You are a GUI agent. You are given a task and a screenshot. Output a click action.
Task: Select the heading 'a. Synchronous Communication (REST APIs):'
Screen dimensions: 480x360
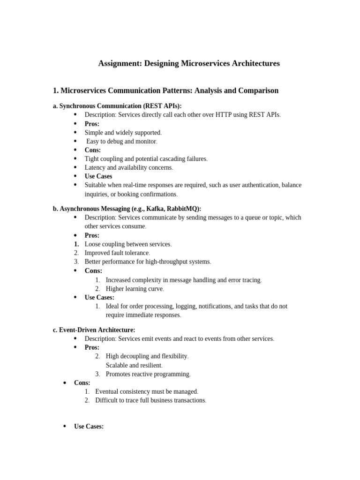117,106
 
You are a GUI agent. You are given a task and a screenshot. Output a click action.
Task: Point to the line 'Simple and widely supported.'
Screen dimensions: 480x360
123,133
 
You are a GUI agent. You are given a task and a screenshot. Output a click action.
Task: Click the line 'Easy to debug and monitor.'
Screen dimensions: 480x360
122,141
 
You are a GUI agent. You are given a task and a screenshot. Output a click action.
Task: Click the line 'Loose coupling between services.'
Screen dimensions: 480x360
128,244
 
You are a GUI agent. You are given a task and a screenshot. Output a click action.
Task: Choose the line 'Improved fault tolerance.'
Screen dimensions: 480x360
117,253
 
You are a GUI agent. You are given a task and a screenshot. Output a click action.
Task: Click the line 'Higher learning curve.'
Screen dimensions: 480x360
135,289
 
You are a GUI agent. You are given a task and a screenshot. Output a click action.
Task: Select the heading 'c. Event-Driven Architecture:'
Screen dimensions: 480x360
94,330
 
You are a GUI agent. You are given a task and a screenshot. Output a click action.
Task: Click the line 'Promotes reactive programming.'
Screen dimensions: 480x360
148,374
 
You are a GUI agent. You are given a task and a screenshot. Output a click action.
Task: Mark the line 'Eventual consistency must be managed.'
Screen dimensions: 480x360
147,391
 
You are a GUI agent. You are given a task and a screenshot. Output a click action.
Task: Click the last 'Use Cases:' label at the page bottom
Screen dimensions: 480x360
89,427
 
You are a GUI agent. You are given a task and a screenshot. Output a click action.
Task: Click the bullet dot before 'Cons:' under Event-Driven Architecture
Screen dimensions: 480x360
65,383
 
